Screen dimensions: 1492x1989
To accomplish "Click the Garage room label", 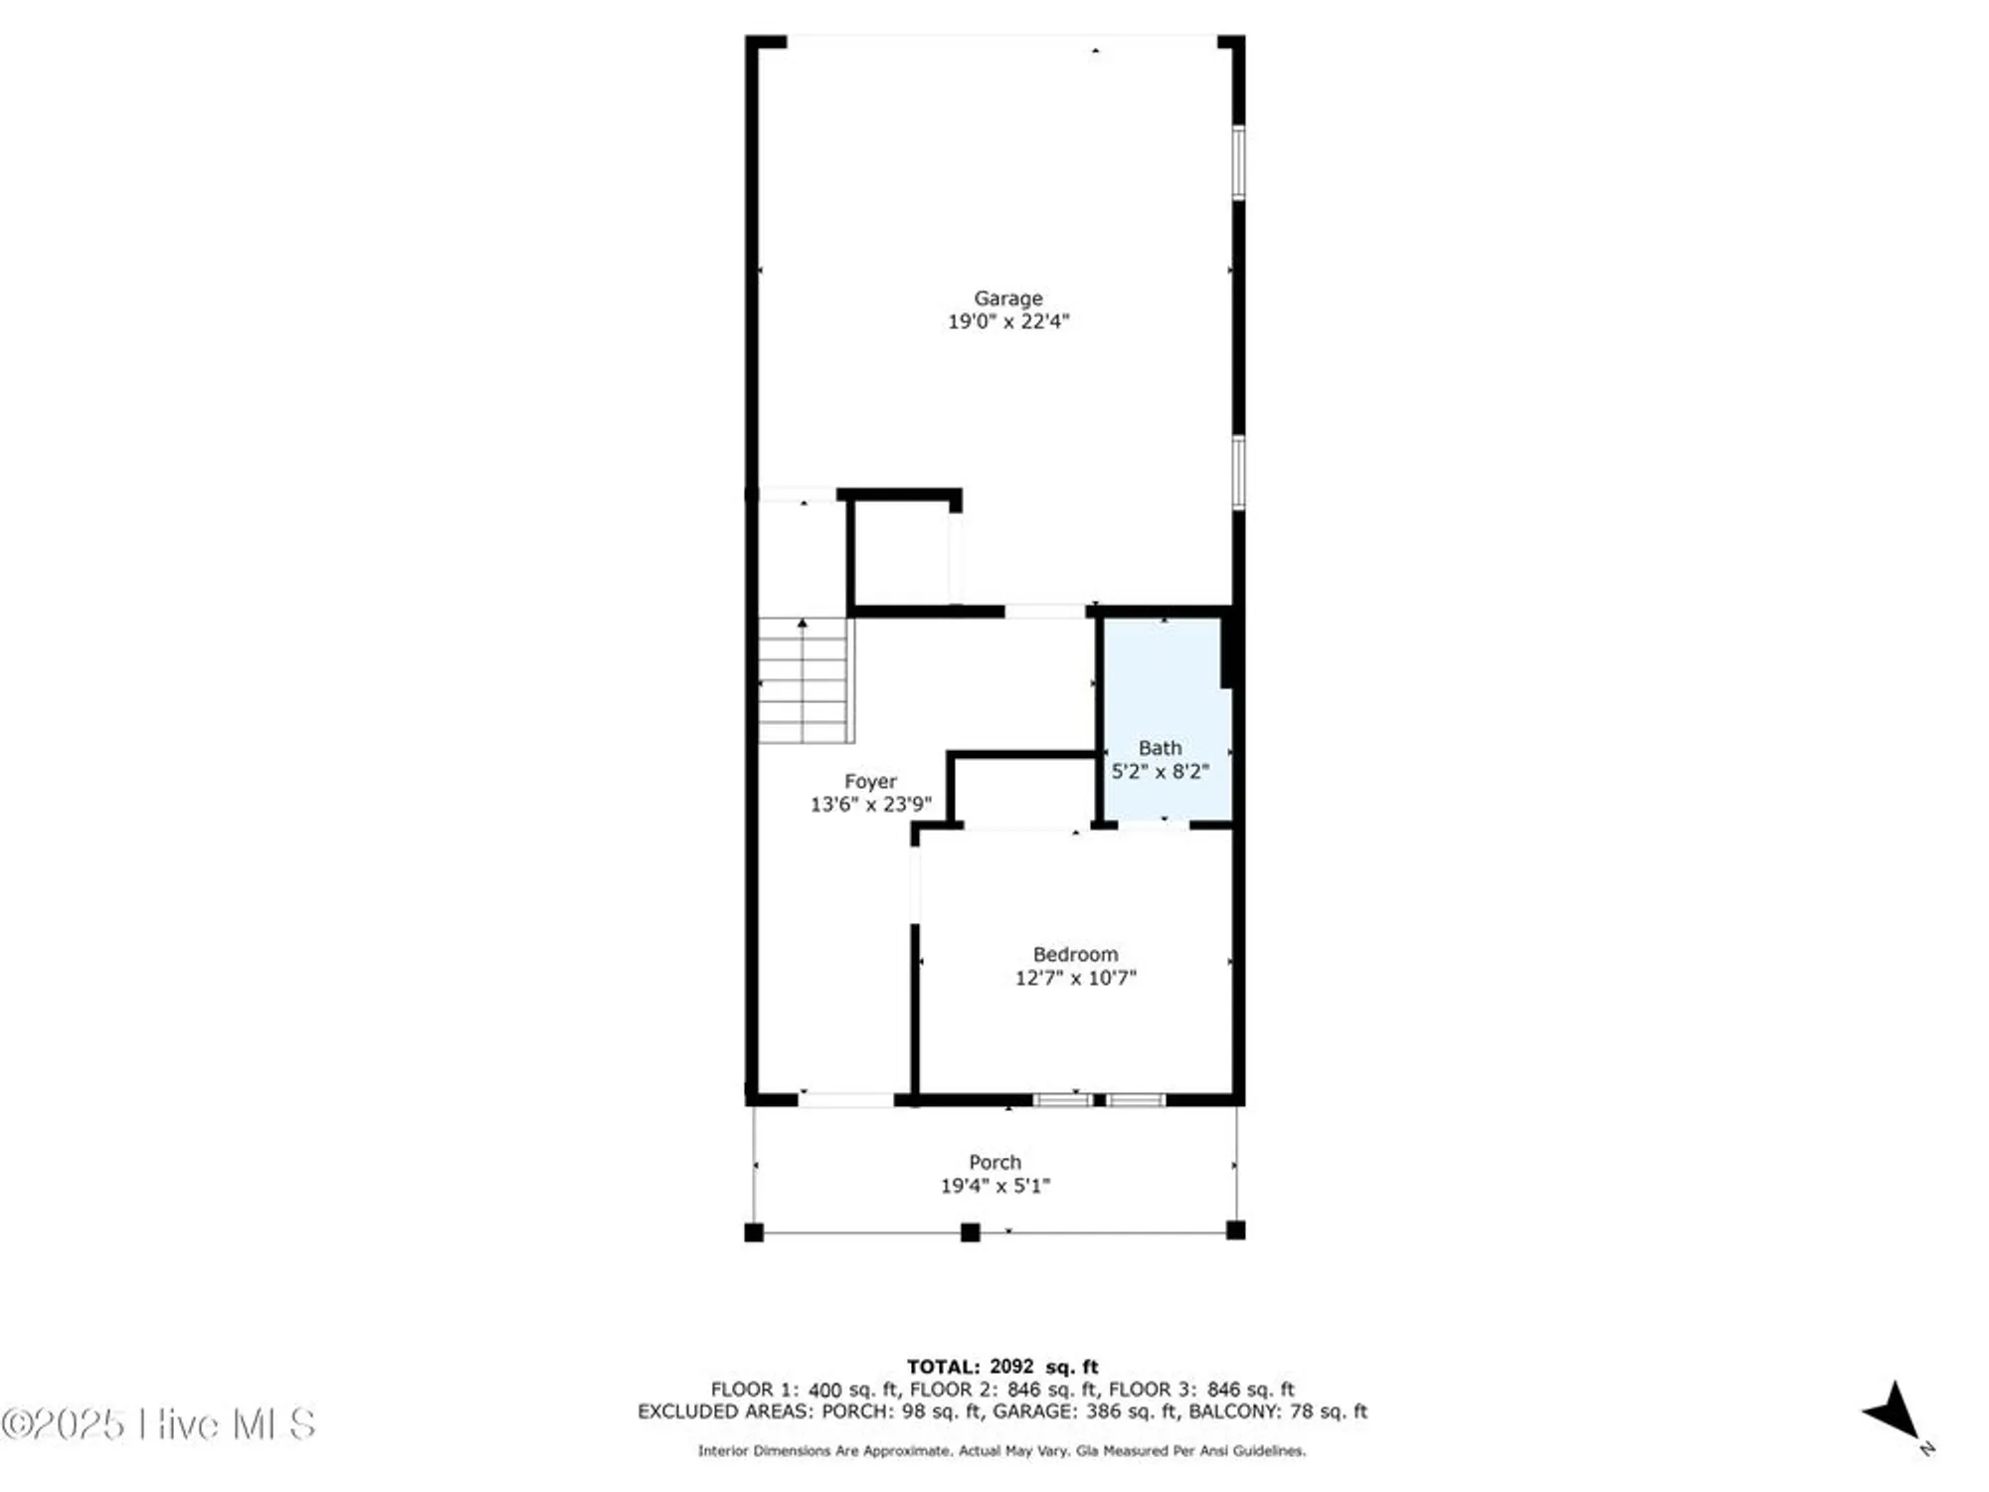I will pos(1007,298).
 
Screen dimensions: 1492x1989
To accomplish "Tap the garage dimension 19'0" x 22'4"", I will pos(1007,321).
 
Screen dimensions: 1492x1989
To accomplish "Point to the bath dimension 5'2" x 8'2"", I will pos(1160,771).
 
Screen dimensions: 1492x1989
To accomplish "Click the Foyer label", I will pos(870,782).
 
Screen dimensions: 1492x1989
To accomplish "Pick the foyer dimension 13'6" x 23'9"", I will pos(870,805).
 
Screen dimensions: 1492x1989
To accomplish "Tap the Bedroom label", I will pos(1075,955).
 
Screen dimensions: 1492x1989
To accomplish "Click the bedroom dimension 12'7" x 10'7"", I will pos(1075,978).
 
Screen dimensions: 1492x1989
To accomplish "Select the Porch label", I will pos(994,1162).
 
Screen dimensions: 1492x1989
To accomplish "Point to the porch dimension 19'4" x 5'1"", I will pos(994,1186).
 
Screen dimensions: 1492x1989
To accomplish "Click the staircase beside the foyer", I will pos(805,681).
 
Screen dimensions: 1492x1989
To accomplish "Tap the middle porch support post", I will pos(970,1232).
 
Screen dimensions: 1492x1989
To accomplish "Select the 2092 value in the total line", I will pos(1011,1367).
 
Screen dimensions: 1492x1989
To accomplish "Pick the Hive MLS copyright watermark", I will pos(159,1424).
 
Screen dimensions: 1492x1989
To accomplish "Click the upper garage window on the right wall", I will pos(1239,162).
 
